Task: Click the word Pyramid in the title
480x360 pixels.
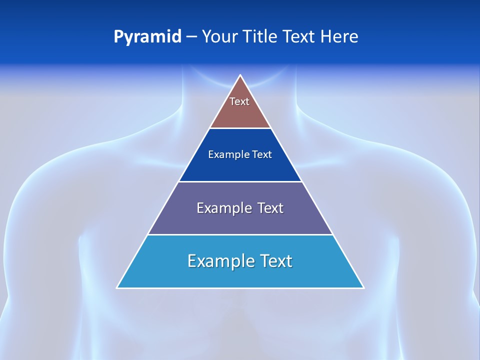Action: point(147,37)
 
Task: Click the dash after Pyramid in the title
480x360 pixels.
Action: point(191,37)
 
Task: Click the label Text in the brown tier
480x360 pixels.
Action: point(239,101)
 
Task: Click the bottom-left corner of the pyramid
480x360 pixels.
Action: point(117,287)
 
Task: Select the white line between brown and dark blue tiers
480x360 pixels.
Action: point(240,128)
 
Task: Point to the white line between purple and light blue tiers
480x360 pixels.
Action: point(240,234)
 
